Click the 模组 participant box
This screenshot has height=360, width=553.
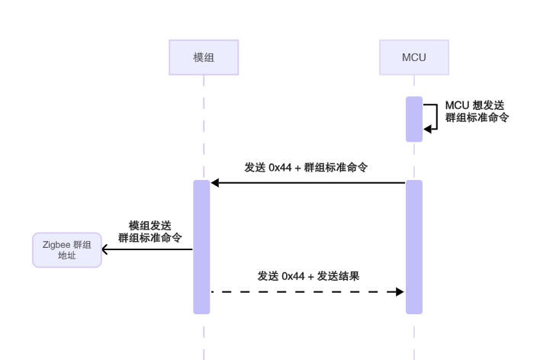(x=204, y=58)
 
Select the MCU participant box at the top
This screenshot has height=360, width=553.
(x=414, y=58)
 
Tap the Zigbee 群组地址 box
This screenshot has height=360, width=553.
(x=66, y=250)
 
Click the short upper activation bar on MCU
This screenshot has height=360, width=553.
(x=414, y=119)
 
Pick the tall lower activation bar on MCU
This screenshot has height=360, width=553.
(x=414, y=247)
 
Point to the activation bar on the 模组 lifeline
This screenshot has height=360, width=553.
(x=201, y=247)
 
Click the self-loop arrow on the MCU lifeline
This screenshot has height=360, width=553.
(x=432, y=117)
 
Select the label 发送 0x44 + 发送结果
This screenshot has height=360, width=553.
(x=308, y=275)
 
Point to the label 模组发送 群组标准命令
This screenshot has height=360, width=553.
(x=150, y=231)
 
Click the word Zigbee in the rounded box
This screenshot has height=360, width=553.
(x=56, y=245)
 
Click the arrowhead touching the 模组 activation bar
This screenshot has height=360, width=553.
(x=215, y=183)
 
